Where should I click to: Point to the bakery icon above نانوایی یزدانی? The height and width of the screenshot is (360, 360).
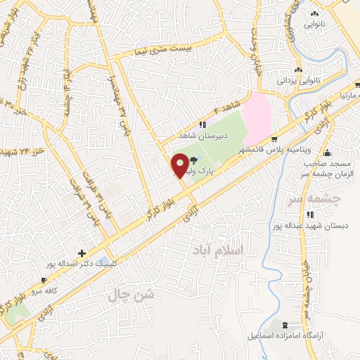(x=299, y=70)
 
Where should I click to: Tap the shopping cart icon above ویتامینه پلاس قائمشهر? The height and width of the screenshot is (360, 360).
(x=274, y=139)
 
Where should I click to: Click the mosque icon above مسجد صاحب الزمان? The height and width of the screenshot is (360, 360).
(x=328, y=153)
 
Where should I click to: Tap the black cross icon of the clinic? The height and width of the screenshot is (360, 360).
(x=83, y=253)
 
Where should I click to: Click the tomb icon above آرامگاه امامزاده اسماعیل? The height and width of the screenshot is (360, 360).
(x=284, y=326)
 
